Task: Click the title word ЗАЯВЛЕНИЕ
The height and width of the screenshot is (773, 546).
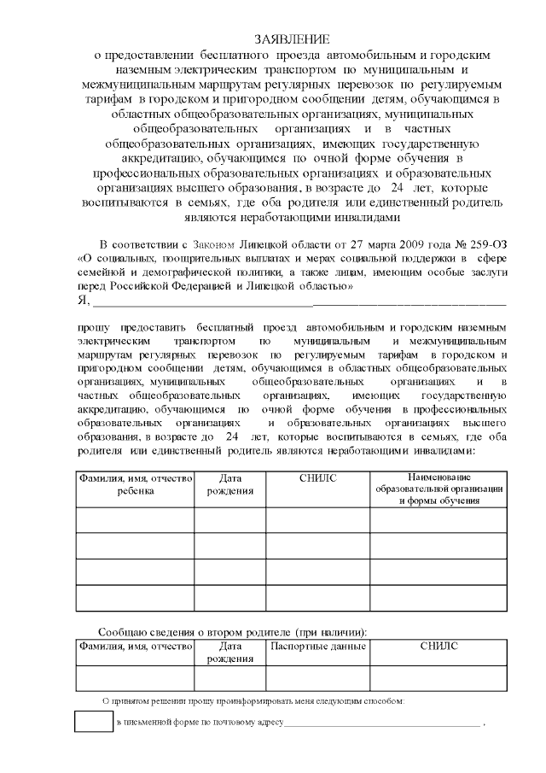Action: (293, 40)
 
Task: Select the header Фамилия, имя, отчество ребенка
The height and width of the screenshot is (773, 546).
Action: (136, 484)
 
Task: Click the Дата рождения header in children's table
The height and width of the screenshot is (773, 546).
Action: (230, 484)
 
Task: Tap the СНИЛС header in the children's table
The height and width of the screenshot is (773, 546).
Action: (318, 478)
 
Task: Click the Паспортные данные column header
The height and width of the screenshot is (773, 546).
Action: (318, 647)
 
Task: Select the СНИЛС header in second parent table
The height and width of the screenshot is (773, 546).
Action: (439, 647)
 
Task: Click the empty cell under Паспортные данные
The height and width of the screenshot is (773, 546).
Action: (318, 678)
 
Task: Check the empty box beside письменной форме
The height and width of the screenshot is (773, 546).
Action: (93, 722)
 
